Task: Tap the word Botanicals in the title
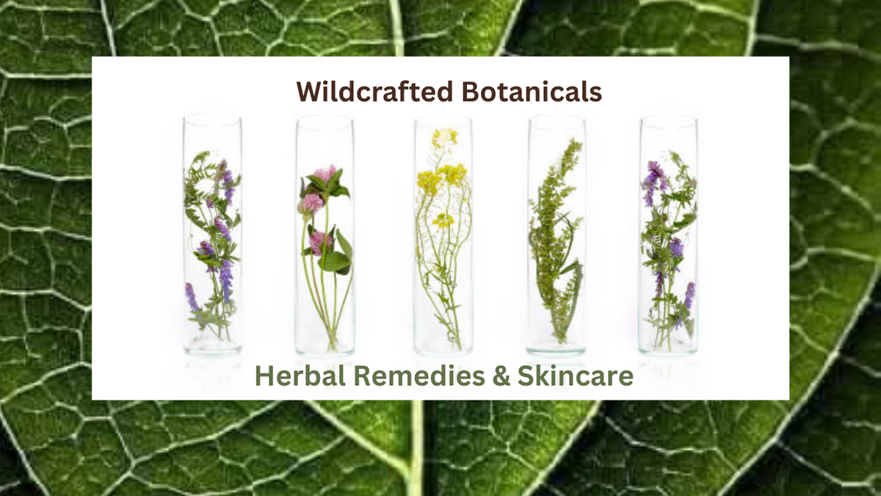[532, 92]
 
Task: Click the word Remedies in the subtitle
[419, 375]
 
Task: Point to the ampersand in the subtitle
[501, 375]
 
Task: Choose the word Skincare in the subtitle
[576, 375]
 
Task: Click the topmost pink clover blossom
[325, 174]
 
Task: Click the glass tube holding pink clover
[325, 235]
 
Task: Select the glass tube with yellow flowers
[443, 235]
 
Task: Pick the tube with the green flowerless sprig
[556, 235]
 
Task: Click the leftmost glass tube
[212, 234]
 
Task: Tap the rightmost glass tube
[668, 234]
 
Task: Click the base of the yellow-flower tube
[443, 348]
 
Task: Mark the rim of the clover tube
[325, 120]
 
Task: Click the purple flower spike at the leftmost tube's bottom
[191, 297]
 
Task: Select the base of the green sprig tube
[556, 349]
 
